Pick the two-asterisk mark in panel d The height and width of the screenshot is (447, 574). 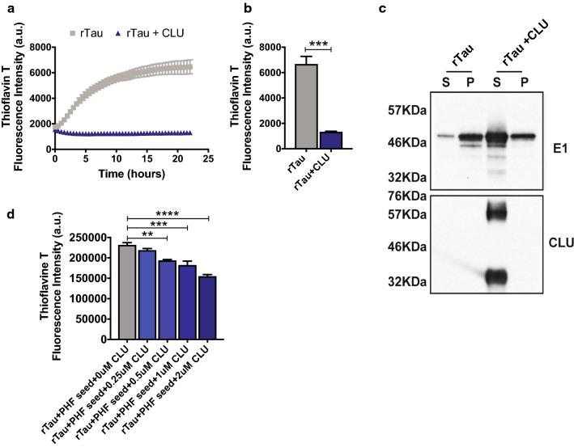click(x=147, y=235)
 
